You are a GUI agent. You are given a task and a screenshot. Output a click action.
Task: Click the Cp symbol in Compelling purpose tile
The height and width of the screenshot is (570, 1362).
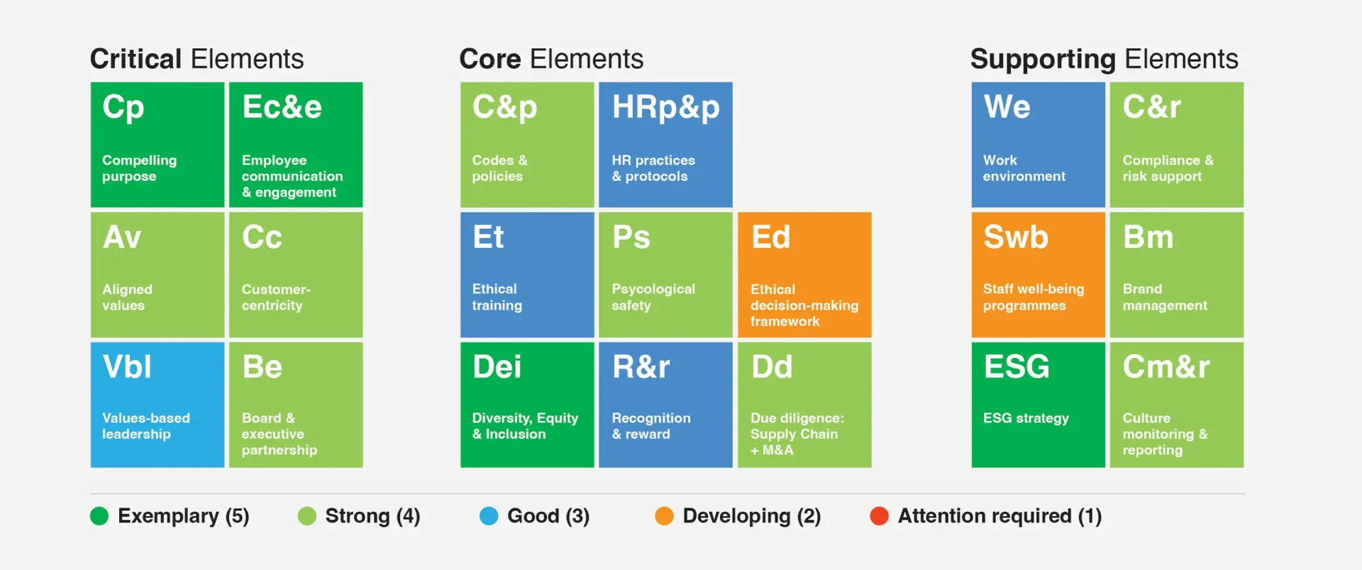click(123, 108)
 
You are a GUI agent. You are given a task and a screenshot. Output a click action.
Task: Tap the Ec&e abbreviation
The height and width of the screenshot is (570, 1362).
click(282, 106)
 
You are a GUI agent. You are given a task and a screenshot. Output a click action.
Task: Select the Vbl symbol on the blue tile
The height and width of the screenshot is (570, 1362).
click(127, 367)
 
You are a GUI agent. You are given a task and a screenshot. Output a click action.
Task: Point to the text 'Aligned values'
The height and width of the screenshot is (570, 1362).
click(127, 297)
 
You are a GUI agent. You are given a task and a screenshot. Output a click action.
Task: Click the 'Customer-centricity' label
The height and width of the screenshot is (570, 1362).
click(276, 297)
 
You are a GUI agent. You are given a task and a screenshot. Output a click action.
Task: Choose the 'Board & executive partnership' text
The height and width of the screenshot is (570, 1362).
click(279, 434)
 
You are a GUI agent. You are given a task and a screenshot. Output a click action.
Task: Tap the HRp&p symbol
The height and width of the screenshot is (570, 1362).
click(665, 108)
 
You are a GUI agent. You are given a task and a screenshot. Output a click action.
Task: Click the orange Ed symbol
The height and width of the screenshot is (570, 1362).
click(770, 237)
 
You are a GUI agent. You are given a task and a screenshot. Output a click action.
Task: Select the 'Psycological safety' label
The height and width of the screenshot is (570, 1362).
click(653, 297)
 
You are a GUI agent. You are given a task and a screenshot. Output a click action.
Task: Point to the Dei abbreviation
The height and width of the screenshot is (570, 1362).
click(497, 367)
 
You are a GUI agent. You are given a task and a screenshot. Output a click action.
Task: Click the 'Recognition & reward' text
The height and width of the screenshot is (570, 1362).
click(651, 426)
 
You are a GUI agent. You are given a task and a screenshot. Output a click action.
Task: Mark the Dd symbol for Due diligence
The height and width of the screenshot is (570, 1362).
click(772, 367)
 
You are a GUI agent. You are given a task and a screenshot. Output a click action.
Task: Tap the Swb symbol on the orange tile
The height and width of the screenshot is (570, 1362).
click(1016, 237)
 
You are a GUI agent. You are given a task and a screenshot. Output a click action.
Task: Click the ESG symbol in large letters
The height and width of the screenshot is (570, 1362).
click(1017, 367)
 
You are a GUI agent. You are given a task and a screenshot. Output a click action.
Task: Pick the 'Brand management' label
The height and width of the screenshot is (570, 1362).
click(1165, 297)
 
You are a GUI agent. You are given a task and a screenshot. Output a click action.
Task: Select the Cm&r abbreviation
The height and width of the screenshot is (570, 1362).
click(1166, 367)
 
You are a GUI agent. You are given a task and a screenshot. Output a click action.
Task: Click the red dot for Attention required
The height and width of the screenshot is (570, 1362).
click(880, 516)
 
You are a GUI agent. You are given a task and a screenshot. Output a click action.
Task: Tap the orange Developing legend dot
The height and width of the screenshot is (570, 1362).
click(664, 516)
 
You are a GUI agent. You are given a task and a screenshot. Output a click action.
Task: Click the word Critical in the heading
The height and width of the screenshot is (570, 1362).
click(136, 59)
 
